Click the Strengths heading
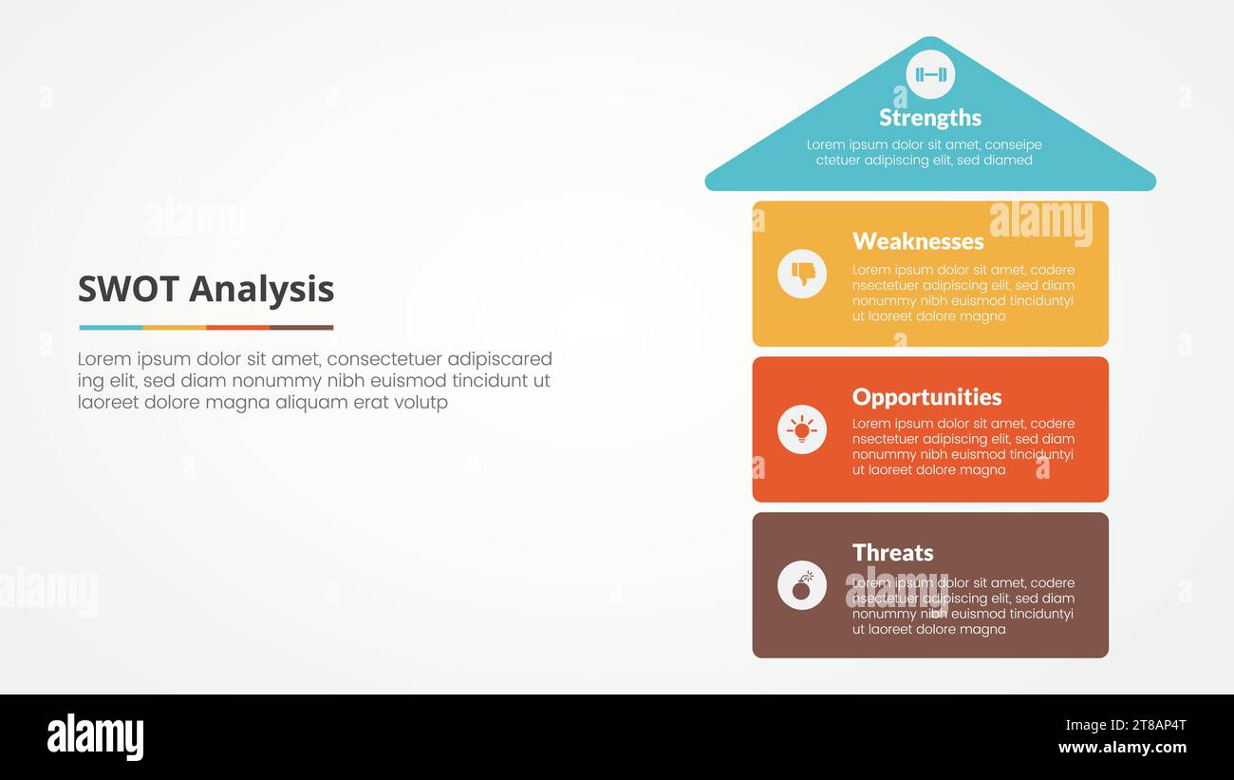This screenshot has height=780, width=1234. tap(929, 118)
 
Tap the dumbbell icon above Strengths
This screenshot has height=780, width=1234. tap(930, 74)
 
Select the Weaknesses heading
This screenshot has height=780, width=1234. tap(917, 241)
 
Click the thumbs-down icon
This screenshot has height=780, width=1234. tap(802, 274)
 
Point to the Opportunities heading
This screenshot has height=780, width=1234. tap(926, 397)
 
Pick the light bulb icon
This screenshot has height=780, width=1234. tap(802, 429)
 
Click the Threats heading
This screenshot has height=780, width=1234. tap(892, 553)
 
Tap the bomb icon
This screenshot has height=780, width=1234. tap(802, 585)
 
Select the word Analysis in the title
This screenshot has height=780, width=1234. tap(261, 289)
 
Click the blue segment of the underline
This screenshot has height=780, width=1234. tap(110, 328)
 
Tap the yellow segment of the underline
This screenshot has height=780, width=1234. tap(174, 328)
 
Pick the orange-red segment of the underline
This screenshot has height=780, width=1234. tap(237, 328)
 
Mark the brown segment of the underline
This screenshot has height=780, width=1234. tap(301, 328)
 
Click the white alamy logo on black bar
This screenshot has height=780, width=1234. tap(95, 737)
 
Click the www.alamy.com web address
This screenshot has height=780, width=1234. tap(1122, 748)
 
